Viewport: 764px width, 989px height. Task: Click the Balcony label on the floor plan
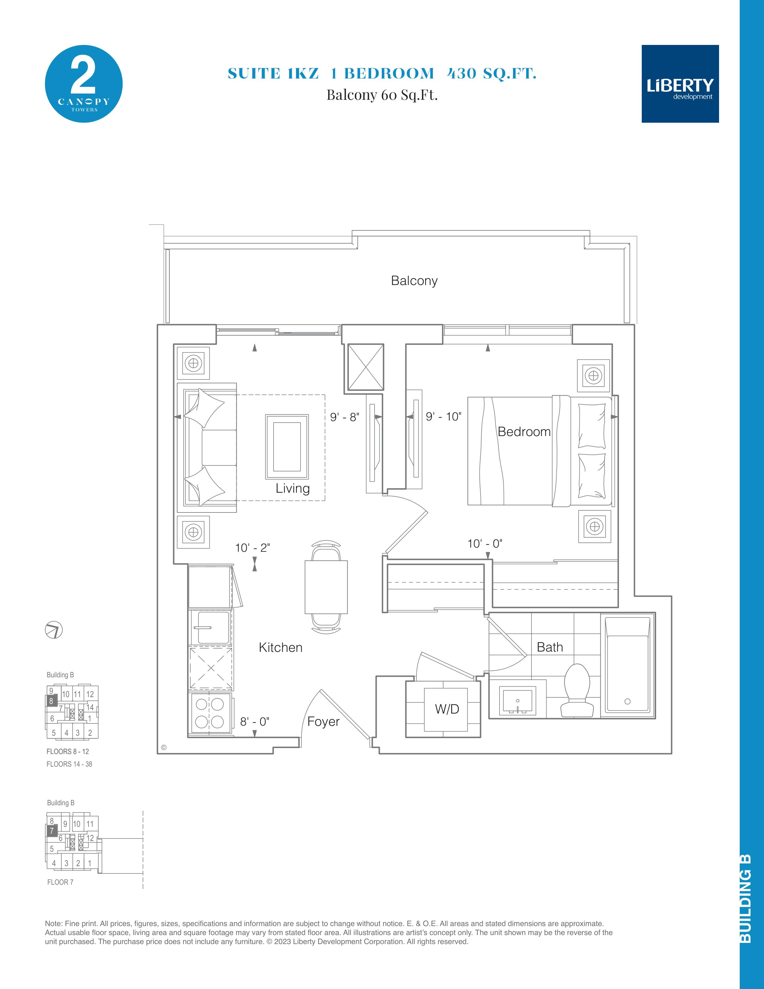[414, 281]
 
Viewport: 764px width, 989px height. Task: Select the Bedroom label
[524, 432]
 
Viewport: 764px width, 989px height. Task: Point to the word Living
[293, 488]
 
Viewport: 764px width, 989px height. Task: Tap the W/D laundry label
[447, 709]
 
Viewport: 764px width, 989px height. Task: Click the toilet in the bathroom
[577, 691]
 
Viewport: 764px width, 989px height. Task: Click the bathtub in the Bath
[628, 666]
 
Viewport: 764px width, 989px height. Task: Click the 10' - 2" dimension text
[253, 548]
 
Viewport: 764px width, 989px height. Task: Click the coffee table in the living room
[287, 447]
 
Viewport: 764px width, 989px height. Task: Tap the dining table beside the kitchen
[326, 587]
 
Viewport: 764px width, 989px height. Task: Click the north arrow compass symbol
[54, 630]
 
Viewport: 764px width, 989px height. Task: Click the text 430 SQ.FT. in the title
[492, 73]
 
